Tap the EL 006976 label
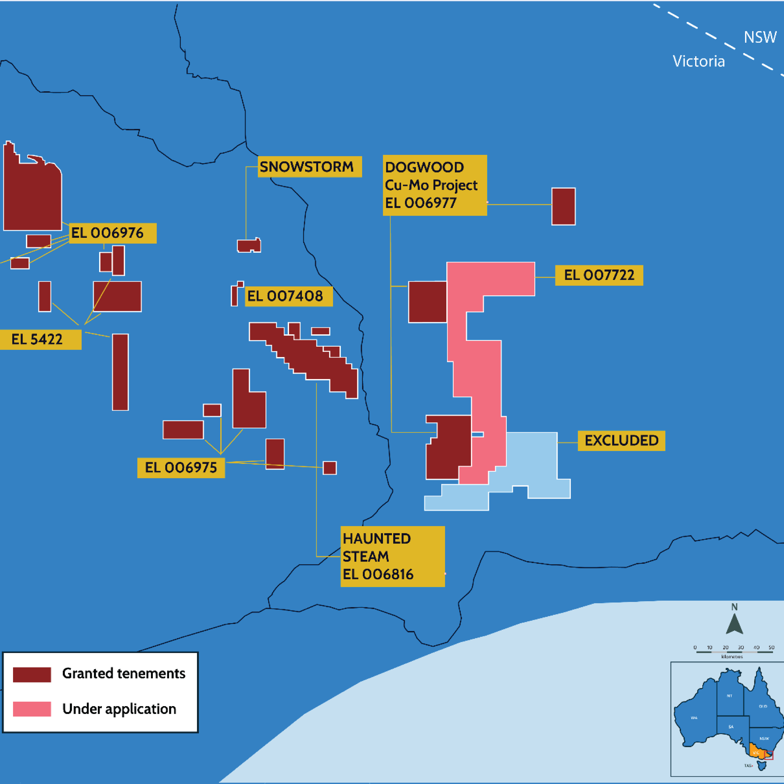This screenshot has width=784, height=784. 112,233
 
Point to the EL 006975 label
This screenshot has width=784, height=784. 181,467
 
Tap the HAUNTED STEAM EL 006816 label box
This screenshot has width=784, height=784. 392,556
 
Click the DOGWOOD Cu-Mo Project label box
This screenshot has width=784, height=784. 435,185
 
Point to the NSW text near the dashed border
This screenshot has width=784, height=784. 760,37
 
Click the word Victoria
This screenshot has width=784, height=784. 698,61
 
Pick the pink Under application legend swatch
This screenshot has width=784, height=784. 32,709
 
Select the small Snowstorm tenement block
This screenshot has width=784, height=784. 248,245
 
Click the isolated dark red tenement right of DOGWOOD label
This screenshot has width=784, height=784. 563,206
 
